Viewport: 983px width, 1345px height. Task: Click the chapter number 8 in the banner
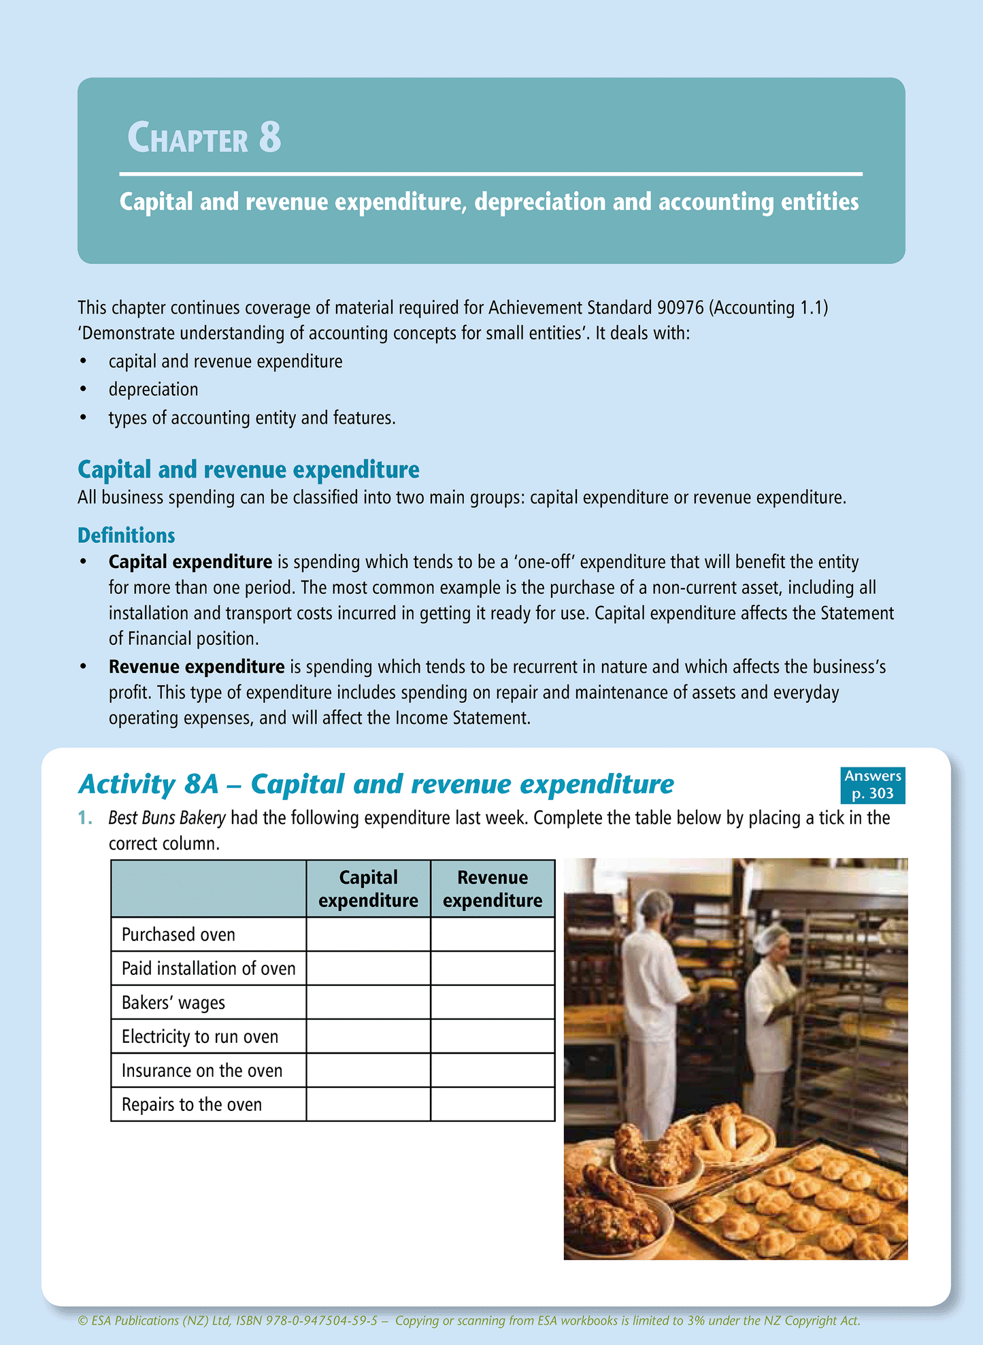click(270, 137)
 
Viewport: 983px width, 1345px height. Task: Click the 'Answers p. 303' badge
click(872, 784)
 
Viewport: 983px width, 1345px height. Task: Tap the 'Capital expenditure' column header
click(368, 889)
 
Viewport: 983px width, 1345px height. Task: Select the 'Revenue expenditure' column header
click(493, 889)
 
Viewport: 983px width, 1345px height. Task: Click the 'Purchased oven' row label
click(178, 935)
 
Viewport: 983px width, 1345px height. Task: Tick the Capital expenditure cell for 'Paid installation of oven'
click(368, 968)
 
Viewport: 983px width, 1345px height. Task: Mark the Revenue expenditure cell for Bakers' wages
click(493, 1002)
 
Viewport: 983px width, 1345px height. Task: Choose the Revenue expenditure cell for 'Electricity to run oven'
click(493, 1036)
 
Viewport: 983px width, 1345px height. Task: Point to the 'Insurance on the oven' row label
click(202, 1071)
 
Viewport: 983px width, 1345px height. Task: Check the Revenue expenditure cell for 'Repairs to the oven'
click(493, 1104)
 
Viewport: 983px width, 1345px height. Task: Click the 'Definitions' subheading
click(127, 535)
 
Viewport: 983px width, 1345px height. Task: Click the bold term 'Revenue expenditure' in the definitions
click(197, 667)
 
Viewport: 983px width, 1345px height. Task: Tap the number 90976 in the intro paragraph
click(680, 308)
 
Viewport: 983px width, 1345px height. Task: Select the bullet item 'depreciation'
click(154, 389)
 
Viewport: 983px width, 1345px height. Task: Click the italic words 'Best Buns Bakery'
click(167, 818)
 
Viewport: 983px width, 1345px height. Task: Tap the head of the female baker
click(774, 944)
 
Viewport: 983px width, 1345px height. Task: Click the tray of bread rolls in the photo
click(796, 1197)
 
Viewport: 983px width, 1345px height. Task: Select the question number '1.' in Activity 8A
click(85, 818)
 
